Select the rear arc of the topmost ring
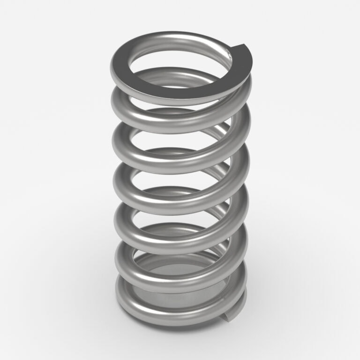click(x=178, y=37)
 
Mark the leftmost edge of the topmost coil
click(x=113, y=66)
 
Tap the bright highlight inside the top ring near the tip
click(x=228, y=57)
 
